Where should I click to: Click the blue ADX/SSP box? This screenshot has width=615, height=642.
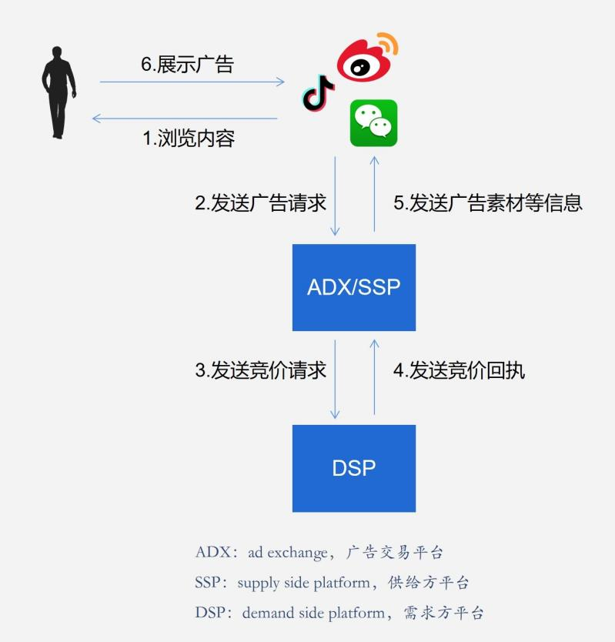click(354, 287)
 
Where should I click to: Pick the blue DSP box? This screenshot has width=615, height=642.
click(354, 468)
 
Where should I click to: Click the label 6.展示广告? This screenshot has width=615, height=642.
click(186, 64)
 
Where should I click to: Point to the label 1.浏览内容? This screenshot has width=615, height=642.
click(189, 139)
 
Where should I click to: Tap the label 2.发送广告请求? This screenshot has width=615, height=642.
click(260, 202)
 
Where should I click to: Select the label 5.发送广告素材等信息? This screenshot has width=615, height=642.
click(488, 202)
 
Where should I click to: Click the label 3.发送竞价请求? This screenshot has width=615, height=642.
click(260, 370)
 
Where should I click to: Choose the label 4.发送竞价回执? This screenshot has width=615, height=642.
click(459, 370)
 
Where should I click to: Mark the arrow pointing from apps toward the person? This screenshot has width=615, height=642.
click(185, 119)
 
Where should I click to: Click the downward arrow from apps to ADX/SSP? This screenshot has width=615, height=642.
click(336, 196)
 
